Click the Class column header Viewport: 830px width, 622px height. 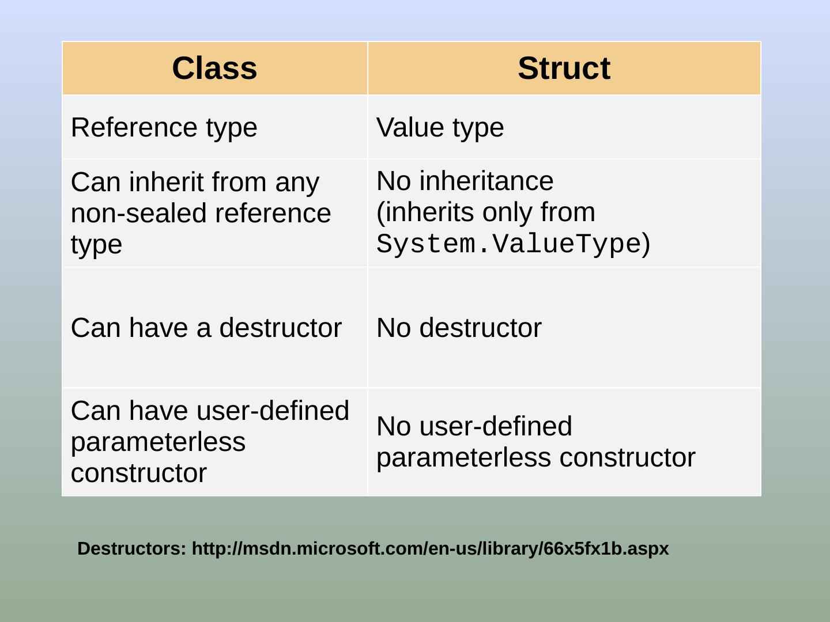coord(214,68)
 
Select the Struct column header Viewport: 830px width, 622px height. coord(564,68)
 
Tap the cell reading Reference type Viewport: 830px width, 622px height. coord(164,127)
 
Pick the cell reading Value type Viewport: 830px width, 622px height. coord(440,127)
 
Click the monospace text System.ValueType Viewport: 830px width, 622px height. coord(509,244)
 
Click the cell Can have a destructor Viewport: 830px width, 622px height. coord(206,328)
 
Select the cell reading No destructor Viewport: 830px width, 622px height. coord(459,328)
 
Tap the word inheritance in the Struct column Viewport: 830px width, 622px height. coord(486,181)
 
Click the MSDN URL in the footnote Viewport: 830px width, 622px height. coord(430,548)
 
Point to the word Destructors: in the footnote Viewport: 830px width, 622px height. coord(132,548)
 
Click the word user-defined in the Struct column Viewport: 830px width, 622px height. coord(496,426)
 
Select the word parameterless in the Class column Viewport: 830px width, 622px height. coord(158,442)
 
